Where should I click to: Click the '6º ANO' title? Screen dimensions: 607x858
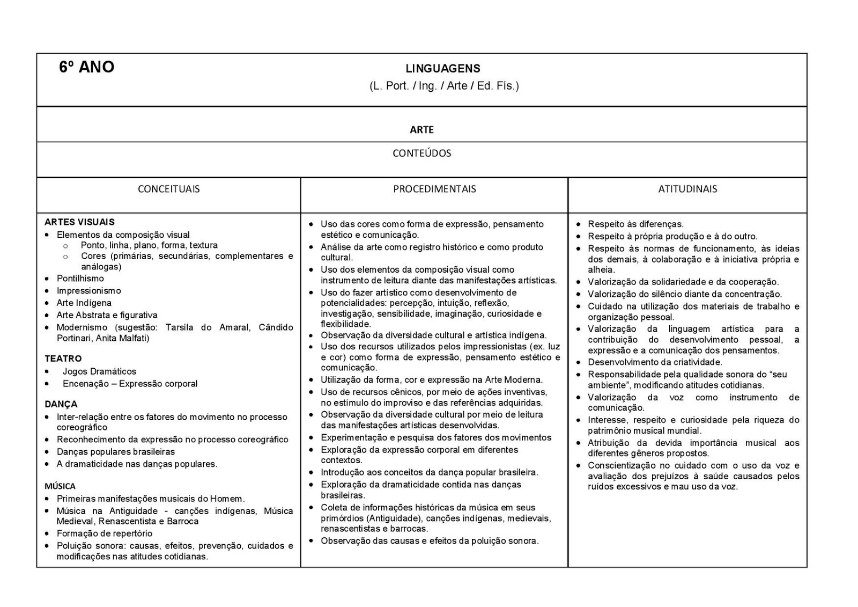point(86,67)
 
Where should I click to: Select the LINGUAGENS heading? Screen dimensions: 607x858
point(442,69)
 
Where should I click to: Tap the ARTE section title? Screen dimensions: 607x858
point(421,130)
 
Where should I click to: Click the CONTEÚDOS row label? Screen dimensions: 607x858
point(421,153)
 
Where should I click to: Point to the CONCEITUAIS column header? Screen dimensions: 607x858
point(168,189)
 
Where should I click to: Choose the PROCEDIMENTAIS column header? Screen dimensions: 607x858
point(434,189)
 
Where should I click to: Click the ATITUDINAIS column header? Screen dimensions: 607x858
point(687,189)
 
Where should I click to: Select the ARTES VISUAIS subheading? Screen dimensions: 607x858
point(79,222)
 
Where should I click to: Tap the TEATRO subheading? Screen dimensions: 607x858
point(63,359)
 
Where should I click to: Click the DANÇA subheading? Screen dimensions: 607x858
point(61,404)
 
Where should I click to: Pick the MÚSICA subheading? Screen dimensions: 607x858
point(60,486)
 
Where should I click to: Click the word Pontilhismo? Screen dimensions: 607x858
point(80,279)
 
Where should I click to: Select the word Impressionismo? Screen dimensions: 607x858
point(89,291)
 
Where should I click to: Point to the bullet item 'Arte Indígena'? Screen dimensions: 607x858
point(84,303)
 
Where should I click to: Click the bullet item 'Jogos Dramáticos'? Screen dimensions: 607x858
point(99,371)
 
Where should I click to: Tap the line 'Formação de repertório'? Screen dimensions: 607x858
point(105,533)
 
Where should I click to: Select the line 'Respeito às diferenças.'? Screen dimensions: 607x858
point(635,224)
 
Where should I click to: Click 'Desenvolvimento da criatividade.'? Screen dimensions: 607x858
point(655,362)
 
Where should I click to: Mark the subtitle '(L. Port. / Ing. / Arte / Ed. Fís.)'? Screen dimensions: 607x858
point(444,86)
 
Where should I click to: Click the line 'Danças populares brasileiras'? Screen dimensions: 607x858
point(116,452)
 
